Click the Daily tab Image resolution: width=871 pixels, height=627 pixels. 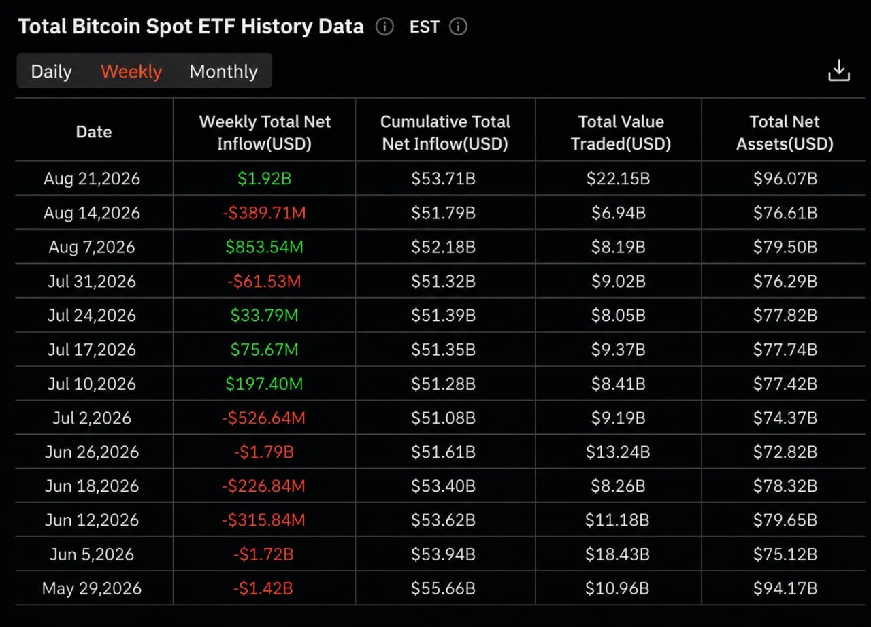pyautogui.click(x=51, y=71)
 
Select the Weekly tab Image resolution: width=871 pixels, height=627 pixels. pyautogui.click(x=131, y=71)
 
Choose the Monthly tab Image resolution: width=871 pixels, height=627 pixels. pyautogui.click(x=224, y=71)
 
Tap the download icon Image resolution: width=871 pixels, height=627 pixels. pyautogui.click(x=839, y=70)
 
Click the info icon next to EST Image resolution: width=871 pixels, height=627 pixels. pyautogui.click(x=458, y=27)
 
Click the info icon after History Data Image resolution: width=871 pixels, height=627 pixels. pyautogui.click(x=384, y=27)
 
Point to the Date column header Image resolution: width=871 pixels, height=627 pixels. pyautogui.click(x=94, y=132)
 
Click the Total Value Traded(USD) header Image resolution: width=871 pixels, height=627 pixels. pyautogui.click(x=621, y=133)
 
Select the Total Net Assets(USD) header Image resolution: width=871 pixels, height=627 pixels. pyautogui.click(x=785, y=133)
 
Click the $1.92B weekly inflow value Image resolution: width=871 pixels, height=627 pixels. pyautogui.click(x=265, y=179)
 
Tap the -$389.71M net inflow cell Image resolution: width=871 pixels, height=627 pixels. pyautogui.click(x=265, y=213)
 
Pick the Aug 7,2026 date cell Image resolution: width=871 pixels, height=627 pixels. pyautogui.click(x=92, y=247)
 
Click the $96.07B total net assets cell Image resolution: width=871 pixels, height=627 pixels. pyautogui.click(x=785, y=179)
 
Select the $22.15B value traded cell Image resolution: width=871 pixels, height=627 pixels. pyautogui.click(x=619, y=179)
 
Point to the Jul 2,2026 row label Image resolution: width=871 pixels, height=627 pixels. pyautogui.click(x=92, y=418)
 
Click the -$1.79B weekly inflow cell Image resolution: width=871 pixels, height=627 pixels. pyautogui.click(x=263, y=452)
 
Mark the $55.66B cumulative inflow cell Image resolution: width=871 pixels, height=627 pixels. pyautogui.click(x=443, y=588)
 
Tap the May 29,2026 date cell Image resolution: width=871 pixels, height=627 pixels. pyautogui.click(x=92, y=588)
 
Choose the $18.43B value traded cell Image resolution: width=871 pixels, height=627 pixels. pyautogui.click(x=617, y=554)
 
